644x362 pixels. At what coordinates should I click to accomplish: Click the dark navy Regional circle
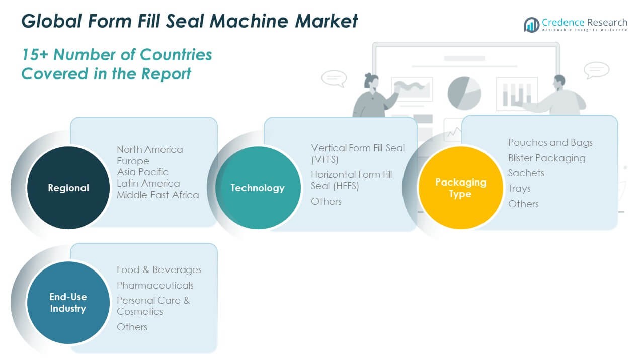point(68,188)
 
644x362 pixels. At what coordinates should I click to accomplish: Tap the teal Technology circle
point(258,188)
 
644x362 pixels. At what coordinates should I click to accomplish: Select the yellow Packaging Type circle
point(460,188)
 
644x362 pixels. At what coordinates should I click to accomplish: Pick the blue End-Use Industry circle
point(68,302)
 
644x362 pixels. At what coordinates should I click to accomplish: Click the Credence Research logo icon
point(531,24)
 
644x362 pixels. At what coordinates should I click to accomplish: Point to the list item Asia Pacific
point(142,172)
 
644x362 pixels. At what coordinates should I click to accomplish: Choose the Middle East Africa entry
point(157,195)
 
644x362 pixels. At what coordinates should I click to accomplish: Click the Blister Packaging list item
point(546,158)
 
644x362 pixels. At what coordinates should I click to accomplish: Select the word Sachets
point(526,173)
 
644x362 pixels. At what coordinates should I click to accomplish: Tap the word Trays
point(519,188)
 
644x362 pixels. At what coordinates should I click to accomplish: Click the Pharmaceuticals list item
point(155,285)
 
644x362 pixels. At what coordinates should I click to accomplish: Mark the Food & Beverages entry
point(159,269)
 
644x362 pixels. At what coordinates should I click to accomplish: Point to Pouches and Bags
point(550,142)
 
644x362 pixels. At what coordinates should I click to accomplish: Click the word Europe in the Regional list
point(133,161)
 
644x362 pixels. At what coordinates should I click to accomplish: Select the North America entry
point(149,149)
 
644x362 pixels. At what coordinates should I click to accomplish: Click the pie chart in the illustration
point(464,93)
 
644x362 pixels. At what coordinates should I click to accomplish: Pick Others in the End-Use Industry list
point(132,327)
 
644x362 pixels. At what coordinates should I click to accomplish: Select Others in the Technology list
point(326,201)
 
